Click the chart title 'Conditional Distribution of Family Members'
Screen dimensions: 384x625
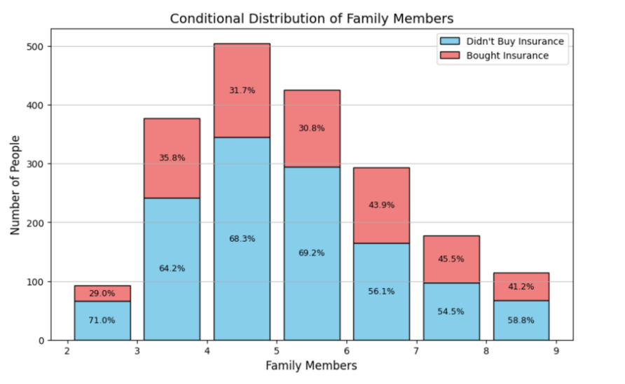312,19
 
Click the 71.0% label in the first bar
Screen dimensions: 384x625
102,320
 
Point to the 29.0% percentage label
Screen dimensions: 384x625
102,294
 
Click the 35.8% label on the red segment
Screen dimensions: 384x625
172,158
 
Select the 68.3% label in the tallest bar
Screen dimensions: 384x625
242,239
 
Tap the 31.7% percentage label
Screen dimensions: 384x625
242,90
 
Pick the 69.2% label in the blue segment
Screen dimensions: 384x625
311,253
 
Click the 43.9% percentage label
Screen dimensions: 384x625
381,205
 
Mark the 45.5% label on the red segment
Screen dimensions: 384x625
451,259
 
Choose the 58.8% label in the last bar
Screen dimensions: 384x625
521,320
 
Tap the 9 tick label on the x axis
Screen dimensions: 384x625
556,351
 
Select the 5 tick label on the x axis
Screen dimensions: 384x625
277,351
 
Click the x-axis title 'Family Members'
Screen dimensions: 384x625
311,366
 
